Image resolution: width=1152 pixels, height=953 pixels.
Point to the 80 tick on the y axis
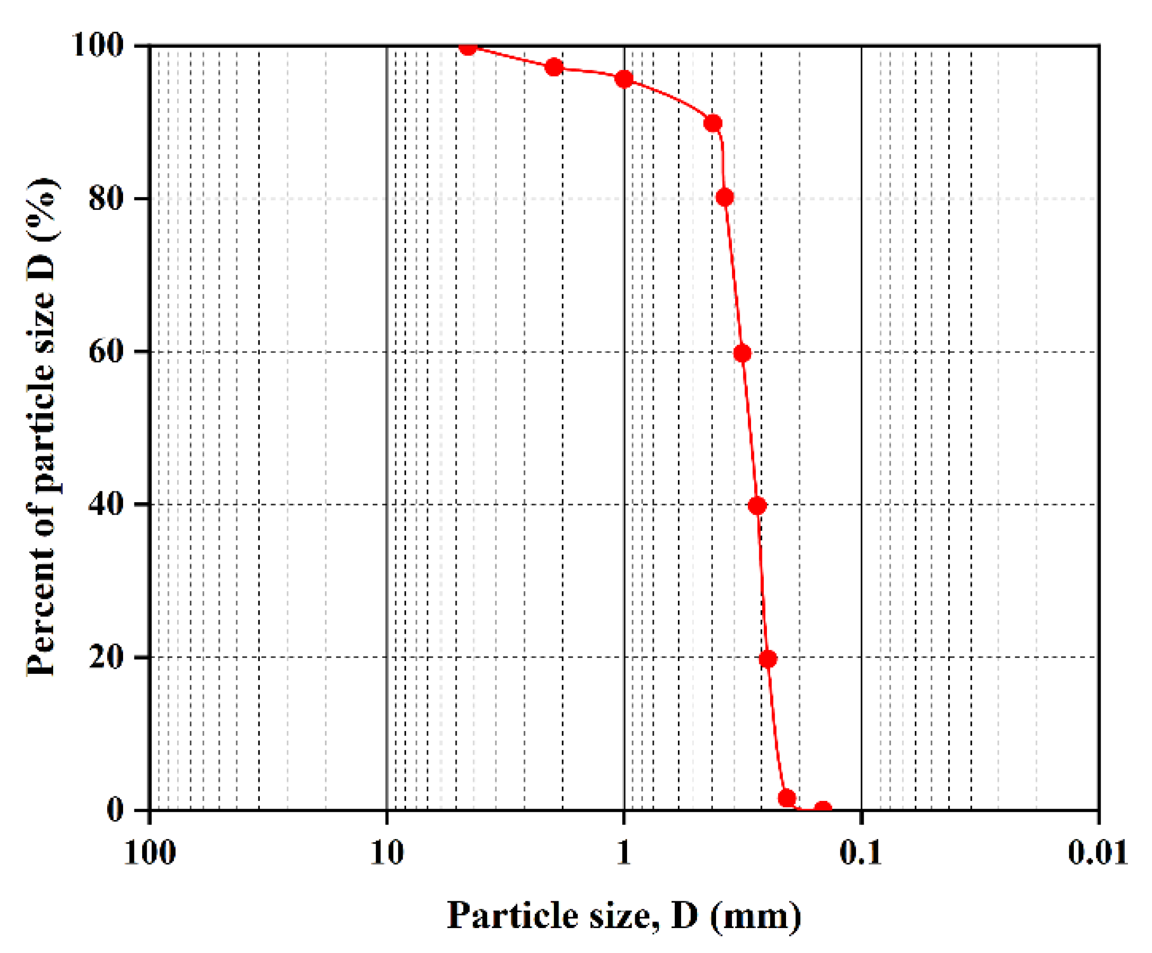click(x=105, y=198)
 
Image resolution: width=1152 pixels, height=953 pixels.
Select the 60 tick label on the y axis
click(x=105, y=351)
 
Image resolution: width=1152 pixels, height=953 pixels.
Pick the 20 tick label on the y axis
click(x=105, y=657)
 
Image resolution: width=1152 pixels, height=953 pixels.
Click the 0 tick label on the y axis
click(x=114, y=810)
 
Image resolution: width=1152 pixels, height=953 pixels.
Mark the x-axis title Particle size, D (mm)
click(x=624, y=915)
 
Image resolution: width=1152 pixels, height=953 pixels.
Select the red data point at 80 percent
click(x=725, y=197)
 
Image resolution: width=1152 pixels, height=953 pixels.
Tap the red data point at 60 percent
click(x=742, y=353)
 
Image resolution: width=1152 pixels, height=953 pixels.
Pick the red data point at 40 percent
click(x=757, y=506)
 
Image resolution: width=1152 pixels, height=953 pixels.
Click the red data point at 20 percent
click(x=768, y=658)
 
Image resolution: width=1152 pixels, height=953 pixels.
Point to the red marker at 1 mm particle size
click(x=624, y=79)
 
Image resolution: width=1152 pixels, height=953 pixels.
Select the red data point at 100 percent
click(x=468, y=47)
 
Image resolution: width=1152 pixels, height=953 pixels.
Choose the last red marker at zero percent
click(x=823, y=809)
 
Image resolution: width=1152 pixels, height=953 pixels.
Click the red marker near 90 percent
click(x=712, y=123)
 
